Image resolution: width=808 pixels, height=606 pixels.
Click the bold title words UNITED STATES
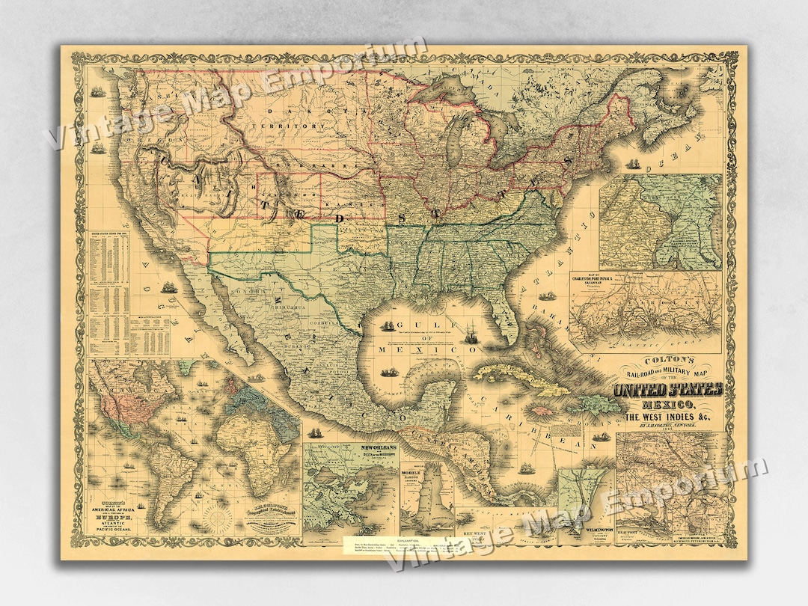[668, 390]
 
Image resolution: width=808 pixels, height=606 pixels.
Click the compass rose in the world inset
[218, 516]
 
